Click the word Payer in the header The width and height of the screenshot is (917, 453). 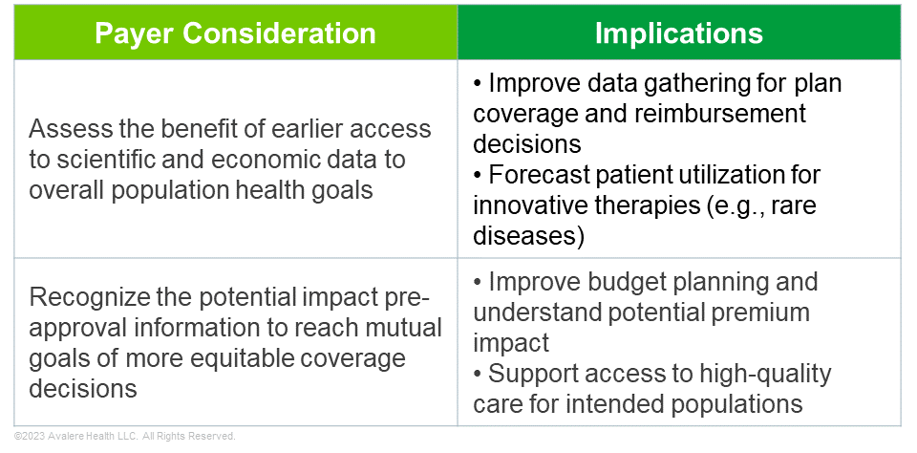[134, 32]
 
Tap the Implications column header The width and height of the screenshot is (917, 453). [679, 33]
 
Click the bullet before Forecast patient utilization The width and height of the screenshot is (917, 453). [478, 176]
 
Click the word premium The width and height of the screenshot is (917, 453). [760, 313]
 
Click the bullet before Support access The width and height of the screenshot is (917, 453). [478, 374]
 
